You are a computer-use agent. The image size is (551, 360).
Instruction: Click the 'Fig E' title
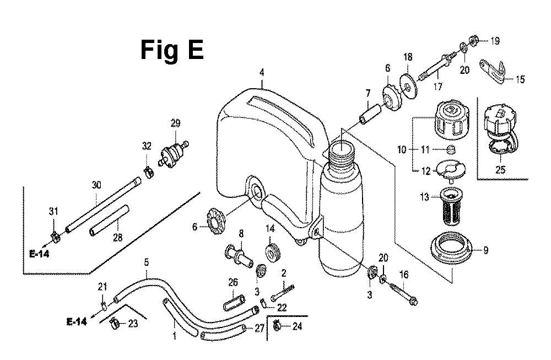(172, 50)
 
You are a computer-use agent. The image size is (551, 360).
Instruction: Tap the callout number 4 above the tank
(261, 73)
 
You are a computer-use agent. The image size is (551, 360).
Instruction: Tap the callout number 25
(500, 170)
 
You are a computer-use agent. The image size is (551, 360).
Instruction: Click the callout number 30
(96, 185)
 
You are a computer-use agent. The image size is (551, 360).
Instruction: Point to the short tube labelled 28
(109, 221)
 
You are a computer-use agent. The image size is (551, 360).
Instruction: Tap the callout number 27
(260, 329)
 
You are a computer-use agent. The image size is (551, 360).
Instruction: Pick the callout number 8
(241, 233)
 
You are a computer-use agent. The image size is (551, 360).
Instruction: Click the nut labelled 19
(473, 40)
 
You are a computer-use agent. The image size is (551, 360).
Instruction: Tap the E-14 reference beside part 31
(39, 254)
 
